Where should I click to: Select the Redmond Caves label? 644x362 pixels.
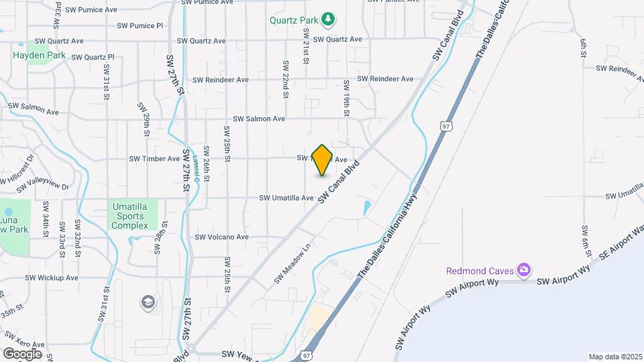(481, 271)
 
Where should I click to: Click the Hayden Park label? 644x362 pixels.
(39, 55)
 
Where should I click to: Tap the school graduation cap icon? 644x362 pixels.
(146, 302)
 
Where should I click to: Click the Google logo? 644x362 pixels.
(21, 354)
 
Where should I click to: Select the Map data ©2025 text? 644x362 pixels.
(616, 357)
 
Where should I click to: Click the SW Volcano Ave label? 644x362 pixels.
(221, 237)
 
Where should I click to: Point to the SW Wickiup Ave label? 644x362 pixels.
(52, 278)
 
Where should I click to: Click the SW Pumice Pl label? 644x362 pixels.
(140, 25)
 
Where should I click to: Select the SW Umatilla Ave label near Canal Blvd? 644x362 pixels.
(287, 198)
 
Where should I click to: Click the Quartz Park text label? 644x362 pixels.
(294, 19)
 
